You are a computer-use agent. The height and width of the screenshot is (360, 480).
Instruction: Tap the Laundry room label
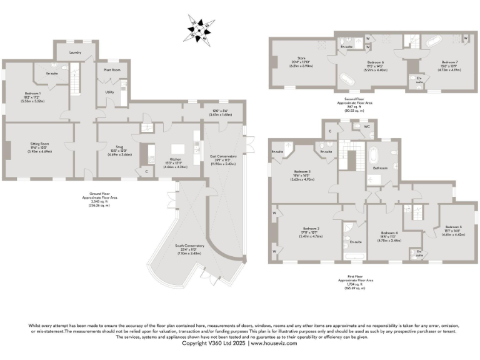(x=76, y=52)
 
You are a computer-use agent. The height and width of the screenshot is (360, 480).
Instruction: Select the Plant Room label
(x=112, y=71)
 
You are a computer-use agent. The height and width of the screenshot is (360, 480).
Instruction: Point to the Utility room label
(x=109, y=92)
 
